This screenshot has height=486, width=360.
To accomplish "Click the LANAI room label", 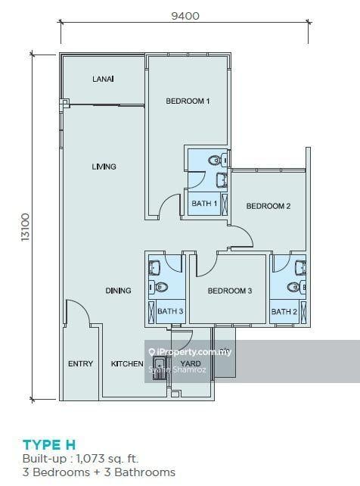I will click(103, 79).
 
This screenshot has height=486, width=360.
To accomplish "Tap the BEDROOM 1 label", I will click(188, 101).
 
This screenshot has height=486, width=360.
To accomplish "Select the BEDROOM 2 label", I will click(268, 206).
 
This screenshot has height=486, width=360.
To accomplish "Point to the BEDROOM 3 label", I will click(229, 291).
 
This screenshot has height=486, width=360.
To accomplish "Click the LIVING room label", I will click(104, 167).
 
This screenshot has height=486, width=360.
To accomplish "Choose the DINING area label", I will click(118, 291).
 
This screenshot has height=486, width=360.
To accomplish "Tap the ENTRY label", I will click(80, 364).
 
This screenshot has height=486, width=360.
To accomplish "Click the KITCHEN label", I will click(127, 364).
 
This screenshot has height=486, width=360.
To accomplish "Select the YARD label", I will click(191, 364).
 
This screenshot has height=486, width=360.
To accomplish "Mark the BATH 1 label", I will click(204, 204).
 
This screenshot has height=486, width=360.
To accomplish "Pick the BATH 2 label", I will click(284, 312).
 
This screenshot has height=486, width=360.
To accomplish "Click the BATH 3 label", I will click(170, 312).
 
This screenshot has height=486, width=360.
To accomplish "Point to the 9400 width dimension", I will click(185, 14).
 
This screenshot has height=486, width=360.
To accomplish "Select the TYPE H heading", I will click(49, 444).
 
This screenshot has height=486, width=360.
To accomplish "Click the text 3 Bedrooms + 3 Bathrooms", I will click(98, 472).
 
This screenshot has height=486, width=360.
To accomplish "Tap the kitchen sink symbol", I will click(160, 369).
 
